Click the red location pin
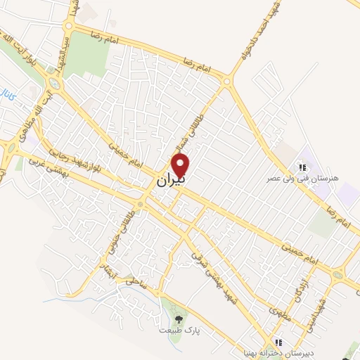click(181, 165)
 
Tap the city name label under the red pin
click(170, 181)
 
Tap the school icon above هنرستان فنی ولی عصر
click(302, 168)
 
